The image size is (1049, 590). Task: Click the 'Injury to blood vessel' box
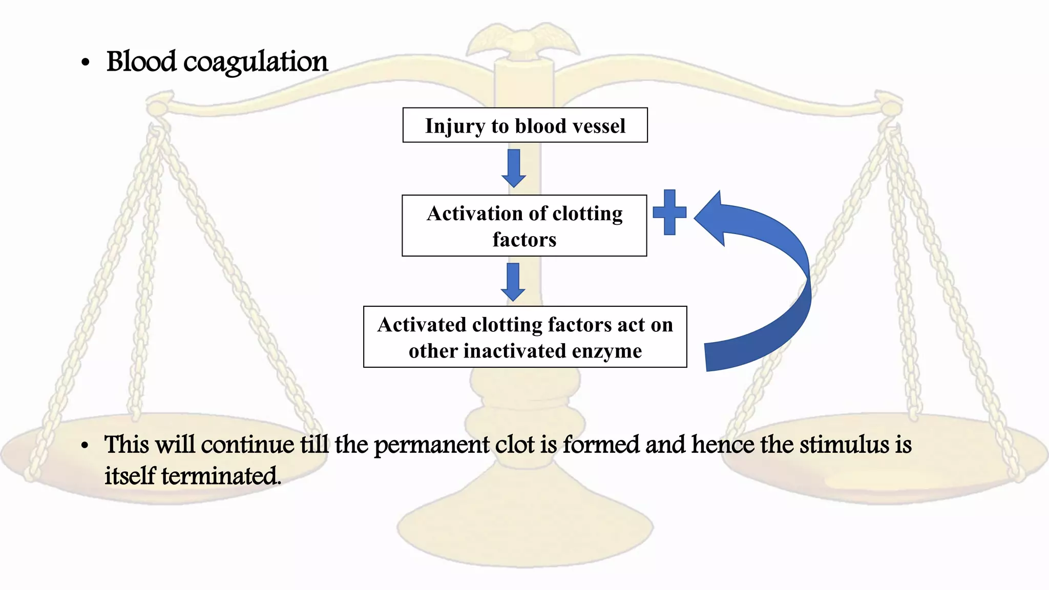525,125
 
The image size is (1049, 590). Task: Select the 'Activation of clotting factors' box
524,225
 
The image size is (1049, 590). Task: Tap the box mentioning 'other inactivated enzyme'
525,336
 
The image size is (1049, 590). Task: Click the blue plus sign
669,212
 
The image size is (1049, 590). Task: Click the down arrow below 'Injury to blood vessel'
514,168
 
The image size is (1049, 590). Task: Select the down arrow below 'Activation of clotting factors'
513,282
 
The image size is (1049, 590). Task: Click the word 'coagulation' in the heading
255,62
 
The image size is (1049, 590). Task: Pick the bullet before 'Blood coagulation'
85,63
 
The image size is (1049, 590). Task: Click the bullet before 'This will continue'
85,446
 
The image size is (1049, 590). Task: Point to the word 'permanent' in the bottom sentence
432,445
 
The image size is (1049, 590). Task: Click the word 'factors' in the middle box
524,239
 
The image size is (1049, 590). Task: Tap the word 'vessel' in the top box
599,126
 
